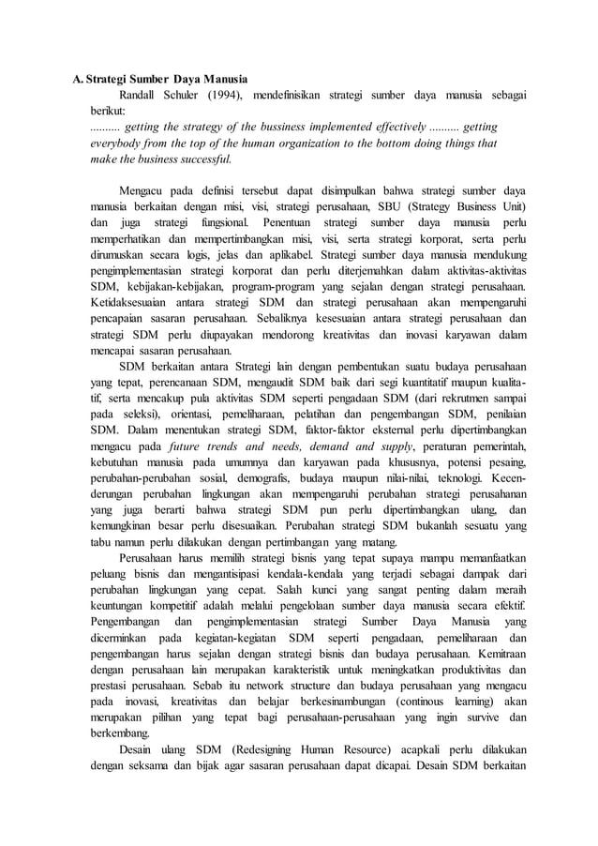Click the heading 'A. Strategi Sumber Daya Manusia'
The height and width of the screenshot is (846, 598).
[162, 79]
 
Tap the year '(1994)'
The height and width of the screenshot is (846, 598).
[226, 95]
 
